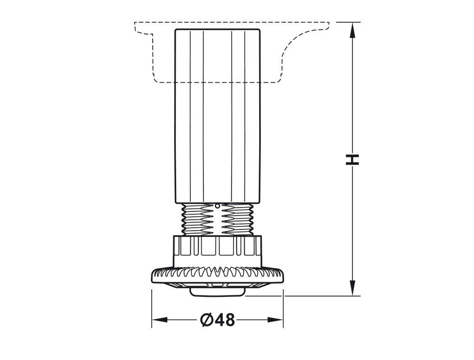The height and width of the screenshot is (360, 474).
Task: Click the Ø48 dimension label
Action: pos(217,320)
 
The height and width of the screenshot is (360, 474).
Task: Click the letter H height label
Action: pos(352,160)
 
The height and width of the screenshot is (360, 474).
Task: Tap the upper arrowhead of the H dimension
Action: pos(352,30)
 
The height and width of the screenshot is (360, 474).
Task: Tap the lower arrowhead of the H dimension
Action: pos(352,288)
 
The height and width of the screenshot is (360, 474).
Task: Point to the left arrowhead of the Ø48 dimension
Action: pos(159,320)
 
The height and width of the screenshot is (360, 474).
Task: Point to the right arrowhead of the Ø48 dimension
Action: pos(275,320)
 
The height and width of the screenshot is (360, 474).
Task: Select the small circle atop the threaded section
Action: pos(217,206)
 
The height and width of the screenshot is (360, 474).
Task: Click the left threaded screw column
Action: pos(196,219)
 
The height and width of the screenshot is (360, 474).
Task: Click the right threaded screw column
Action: pos(237,219)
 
